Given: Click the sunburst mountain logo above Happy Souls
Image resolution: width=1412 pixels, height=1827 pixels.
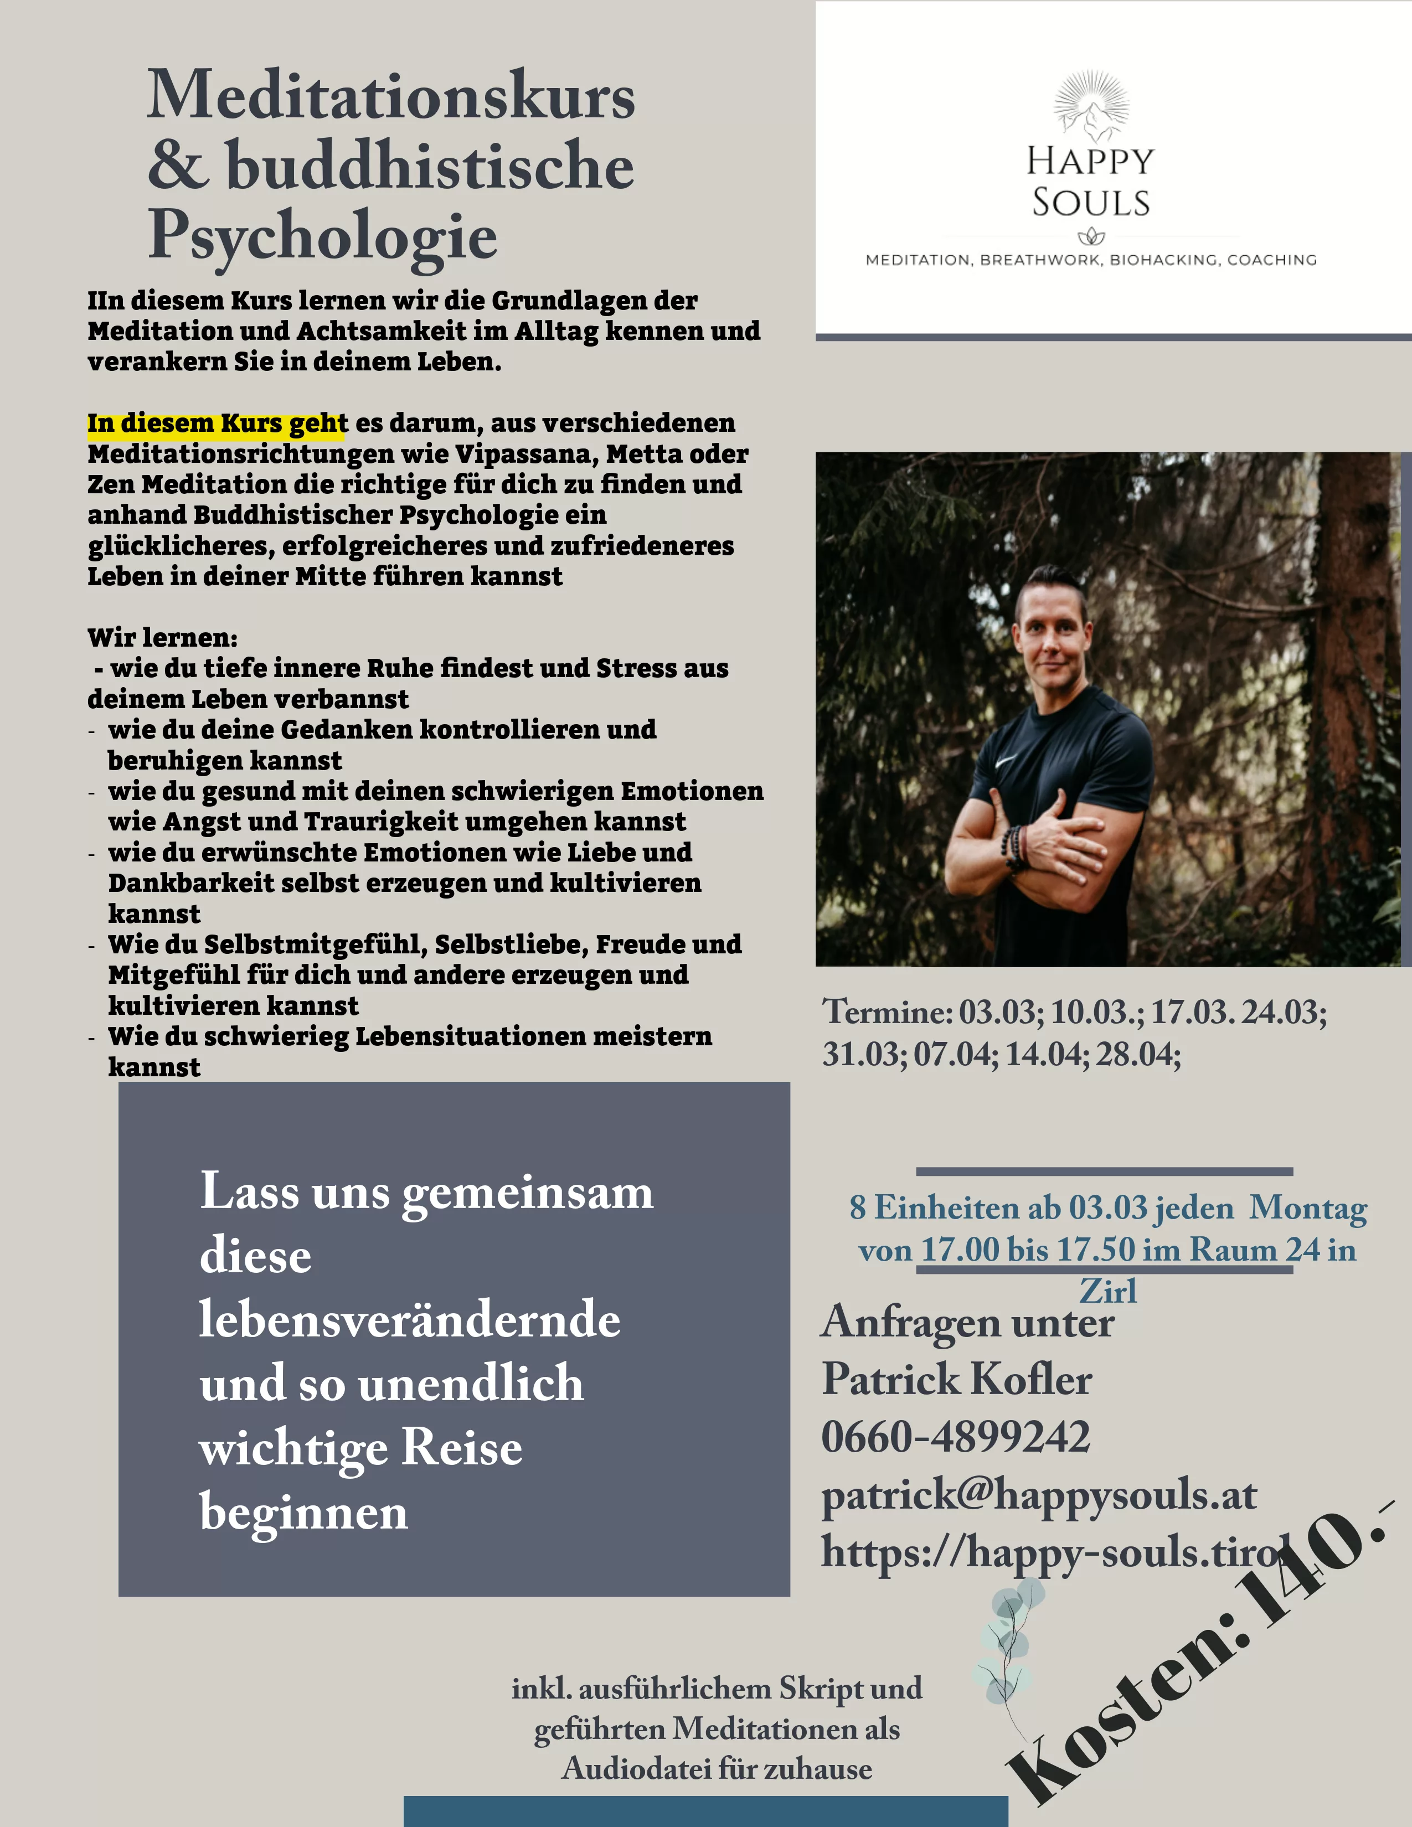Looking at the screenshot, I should (1091, 105).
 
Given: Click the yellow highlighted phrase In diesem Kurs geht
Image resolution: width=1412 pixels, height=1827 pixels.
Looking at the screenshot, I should (217, 424).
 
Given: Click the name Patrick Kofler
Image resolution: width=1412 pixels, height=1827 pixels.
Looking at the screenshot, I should (956, 1380).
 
